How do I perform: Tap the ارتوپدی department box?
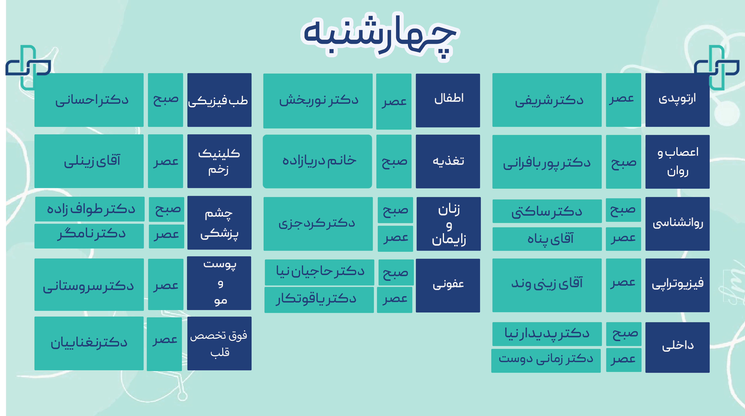point(677,100)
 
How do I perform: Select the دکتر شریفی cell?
point(547,100)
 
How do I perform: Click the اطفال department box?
point(448,100)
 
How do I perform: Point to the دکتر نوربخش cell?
point(318,101)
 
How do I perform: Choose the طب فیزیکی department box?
point(219,100)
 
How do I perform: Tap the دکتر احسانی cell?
point(89,100)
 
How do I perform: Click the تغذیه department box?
point(448,161)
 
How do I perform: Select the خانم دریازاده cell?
point(317,161)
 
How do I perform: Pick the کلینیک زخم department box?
point(219,161)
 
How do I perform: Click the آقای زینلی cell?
point(89,161)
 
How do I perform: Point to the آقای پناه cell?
point(547,239)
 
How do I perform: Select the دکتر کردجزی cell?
point(318,224)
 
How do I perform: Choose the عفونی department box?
point(448,285)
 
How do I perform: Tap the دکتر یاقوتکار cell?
point(319,300)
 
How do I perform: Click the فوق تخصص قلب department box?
point(219,343)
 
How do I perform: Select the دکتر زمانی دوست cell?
point(546,360)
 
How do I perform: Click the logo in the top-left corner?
point(28,67)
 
